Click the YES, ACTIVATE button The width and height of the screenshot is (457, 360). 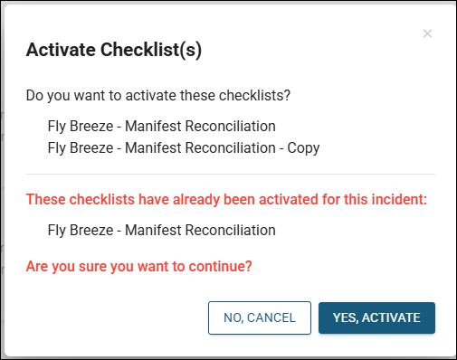coord(376,317)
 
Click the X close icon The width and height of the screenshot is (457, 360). coord(427,33)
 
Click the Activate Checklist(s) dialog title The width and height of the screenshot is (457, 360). coord(113,50)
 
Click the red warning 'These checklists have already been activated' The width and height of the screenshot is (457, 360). coord(226,199)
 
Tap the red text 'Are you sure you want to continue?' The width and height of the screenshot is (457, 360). coord(138,267)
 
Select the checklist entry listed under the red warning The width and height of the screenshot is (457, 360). coord(161,230)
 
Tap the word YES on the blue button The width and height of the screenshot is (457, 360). coord(345,317)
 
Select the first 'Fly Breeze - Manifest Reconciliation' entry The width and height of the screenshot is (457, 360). coord(161,126)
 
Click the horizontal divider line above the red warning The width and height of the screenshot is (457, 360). coord(230,174)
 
